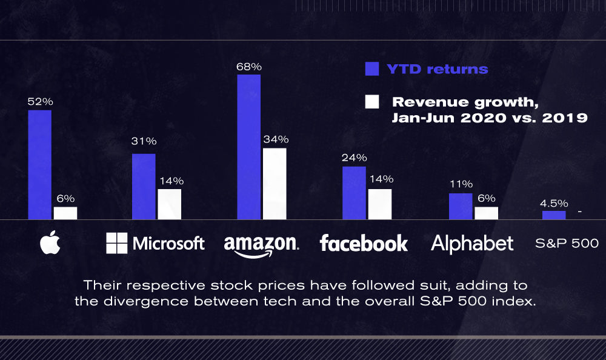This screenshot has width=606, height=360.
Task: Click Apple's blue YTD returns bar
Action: coord(39,164)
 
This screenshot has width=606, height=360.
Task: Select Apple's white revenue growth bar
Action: coord(65,213)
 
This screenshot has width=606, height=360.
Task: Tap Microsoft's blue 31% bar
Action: coord(144,186)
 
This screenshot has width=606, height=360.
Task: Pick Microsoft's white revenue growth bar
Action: coord(170,204)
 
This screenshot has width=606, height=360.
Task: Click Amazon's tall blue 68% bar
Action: coord(249,147)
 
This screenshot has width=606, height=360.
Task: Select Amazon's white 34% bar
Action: coord(275,183)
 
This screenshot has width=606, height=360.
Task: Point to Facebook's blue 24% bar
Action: coord(354,193)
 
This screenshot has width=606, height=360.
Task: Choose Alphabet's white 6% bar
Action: coord(486,213)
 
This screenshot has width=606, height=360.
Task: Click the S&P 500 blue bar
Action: coord(554,215)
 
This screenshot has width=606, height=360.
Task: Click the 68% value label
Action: coord(249,66)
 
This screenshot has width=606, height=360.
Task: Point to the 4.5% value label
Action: coord(554,203)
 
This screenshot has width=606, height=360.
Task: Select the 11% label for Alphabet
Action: coord(461,185)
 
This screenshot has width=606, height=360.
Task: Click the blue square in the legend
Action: coord(372,68)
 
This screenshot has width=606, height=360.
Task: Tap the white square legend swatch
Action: coord(372,101)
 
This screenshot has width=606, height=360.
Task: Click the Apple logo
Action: coord(50,243)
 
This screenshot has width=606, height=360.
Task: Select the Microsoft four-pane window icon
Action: coord(116,243)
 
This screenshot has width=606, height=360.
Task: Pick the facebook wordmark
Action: coord(364,243)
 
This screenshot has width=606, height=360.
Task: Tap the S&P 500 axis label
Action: coord(567,244)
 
